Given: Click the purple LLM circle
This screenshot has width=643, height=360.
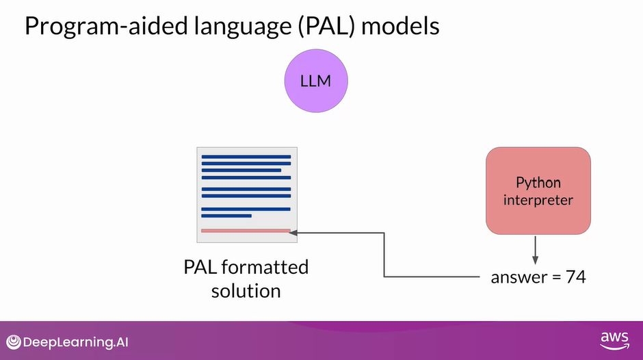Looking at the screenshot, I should pyautogui.click(x=316, y=81).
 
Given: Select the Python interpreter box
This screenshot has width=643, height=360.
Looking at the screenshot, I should pyautogui.click(x=538, y=191).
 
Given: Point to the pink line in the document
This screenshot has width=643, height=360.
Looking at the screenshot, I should pyautogui.click(x=246, y=231).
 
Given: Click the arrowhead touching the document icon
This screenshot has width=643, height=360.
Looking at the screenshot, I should pyautogui.click(x=293, y=233).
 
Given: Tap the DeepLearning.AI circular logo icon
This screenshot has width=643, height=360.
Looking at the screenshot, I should pyautogui.click(x=13, y=342).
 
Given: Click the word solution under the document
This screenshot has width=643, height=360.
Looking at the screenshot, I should pyautogui.click(x=246, y=290).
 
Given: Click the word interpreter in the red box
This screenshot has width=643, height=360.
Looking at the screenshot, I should pyautogui.click(x=538, y=200).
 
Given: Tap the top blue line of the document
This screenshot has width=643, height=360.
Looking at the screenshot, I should pyautogui.click(x=246, y=157).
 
